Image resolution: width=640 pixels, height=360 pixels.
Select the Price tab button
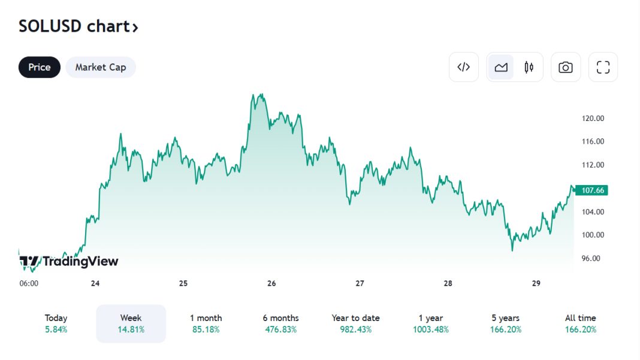click(40, 67)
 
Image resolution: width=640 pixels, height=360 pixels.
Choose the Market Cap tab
click(101, 67)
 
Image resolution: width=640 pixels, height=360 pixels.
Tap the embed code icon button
click(463, 67)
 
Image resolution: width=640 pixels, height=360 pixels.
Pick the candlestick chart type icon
click(529, 67)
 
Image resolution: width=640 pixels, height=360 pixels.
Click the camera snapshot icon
click(565, 67)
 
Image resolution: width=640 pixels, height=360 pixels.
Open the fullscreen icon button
click(603, 67)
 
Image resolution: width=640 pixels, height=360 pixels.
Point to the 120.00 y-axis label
click(593, 119)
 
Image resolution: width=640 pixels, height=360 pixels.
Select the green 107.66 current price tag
click(592, 190)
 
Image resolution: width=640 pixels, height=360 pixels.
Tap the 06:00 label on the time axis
click(29, 283)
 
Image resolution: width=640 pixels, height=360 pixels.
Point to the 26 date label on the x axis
click(271, 283)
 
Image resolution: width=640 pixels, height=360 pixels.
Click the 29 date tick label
click(536, 283)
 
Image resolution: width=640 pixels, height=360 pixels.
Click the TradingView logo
click(69, 261)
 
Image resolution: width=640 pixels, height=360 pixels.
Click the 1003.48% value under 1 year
click(430, 329)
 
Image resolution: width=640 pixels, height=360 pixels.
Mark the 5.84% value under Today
click(56, 329)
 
